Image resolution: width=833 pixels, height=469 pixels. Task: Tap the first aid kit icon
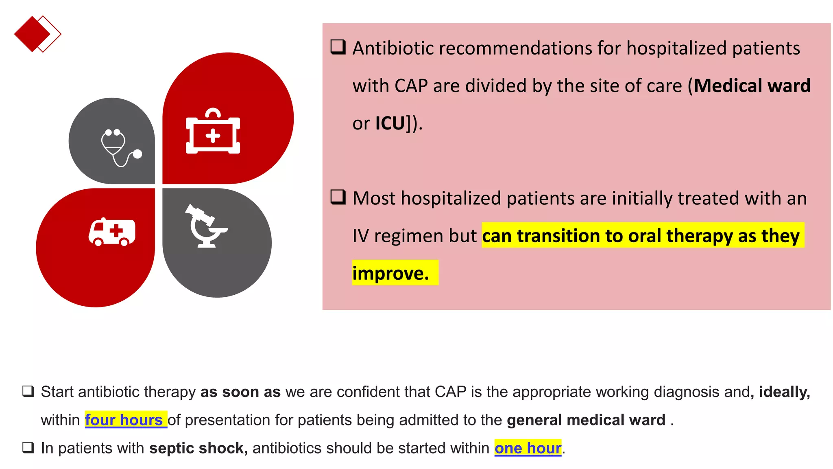click(213, 132)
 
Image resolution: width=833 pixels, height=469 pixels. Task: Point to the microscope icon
click(205, 226)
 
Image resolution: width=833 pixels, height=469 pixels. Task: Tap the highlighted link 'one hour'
click(528, 448)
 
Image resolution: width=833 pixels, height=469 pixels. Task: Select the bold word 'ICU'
click(390, 123)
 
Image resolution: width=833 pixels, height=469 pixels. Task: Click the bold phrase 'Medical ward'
click(752, 86)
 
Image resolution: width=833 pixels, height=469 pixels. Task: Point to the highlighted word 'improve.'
click(391, 273)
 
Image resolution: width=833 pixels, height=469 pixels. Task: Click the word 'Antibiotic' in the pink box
click(393, 48)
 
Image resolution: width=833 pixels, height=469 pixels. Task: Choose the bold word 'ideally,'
click(784, 392)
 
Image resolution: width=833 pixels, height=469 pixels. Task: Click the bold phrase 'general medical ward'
click(586, 420)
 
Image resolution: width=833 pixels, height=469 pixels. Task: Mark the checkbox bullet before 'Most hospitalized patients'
click(338, 197)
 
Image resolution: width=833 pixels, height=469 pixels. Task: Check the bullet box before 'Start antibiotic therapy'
click(28, 391)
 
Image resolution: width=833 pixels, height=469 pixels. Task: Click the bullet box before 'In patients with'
click(28, 447)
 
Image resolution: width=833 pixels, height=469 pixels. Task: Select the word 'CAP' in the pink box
click(411, 86)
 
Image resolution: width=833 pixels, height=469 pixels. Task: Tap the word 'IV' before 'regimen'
click(360, 236)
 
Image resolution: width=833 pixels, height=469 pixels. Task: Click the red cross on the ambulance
click(116, 230)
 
